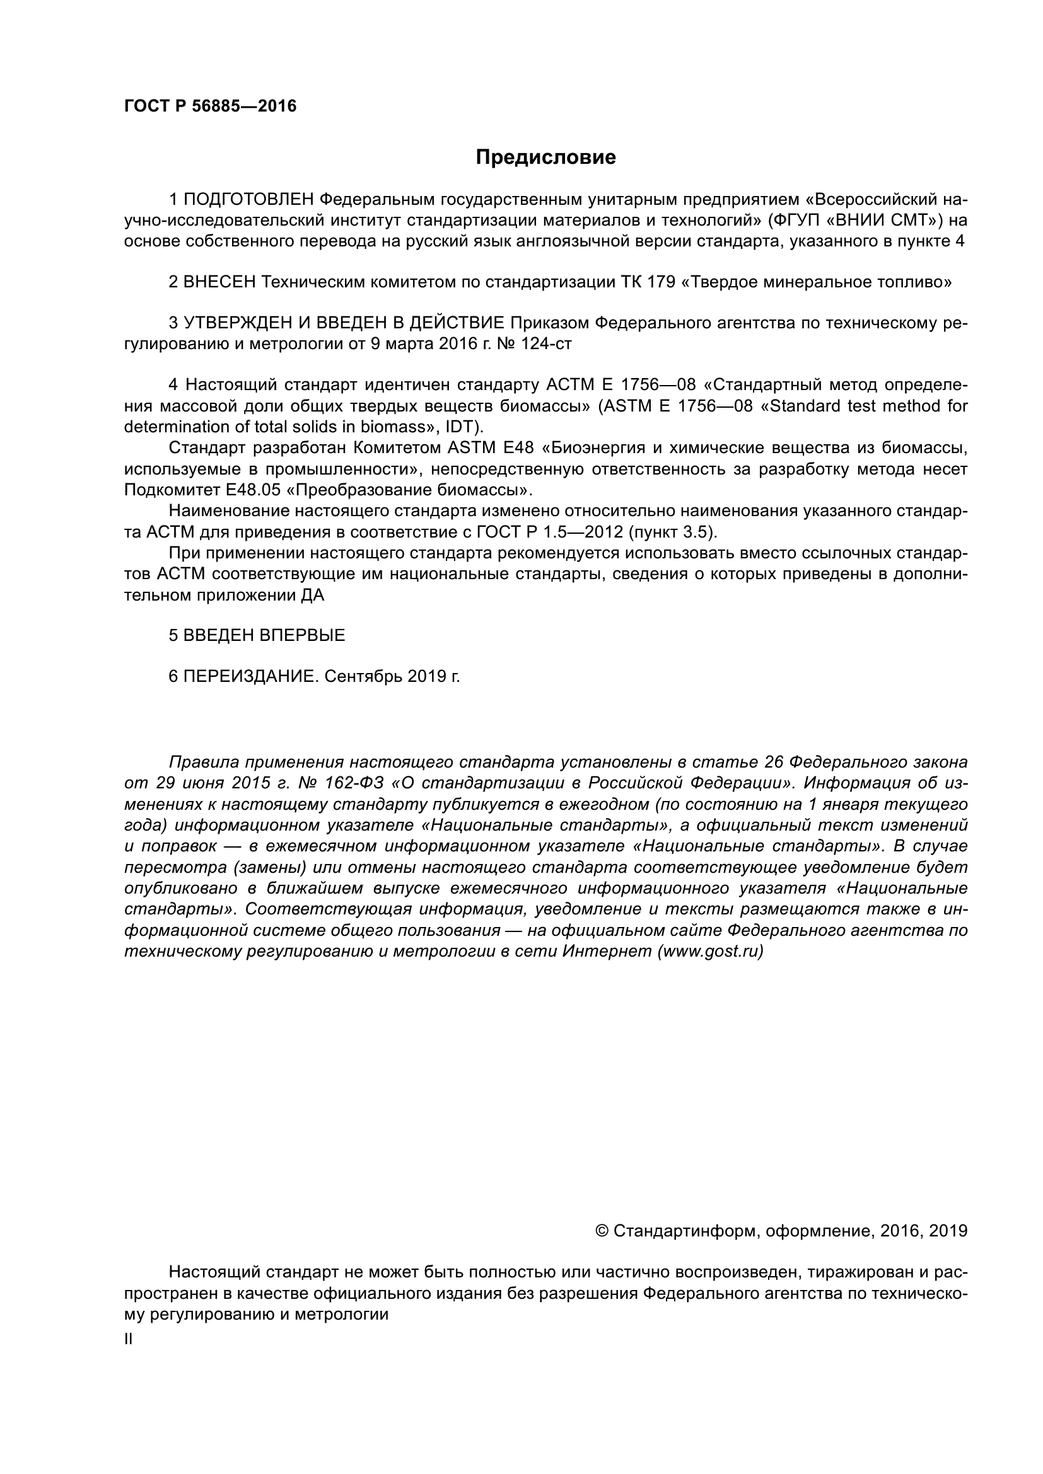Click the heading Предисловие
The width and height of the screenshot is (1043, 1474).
(545, 158)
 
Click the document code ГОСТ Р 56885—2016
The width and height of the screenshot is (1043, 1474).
(210, 107)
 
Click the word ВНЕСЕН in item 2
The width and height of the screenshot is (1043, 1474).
(219, 282)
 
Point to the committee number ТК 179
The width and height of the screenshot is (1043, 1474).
(649, 282)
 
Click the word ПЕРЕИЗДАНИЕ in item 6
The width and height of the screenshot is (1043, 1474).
(251, 676)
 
